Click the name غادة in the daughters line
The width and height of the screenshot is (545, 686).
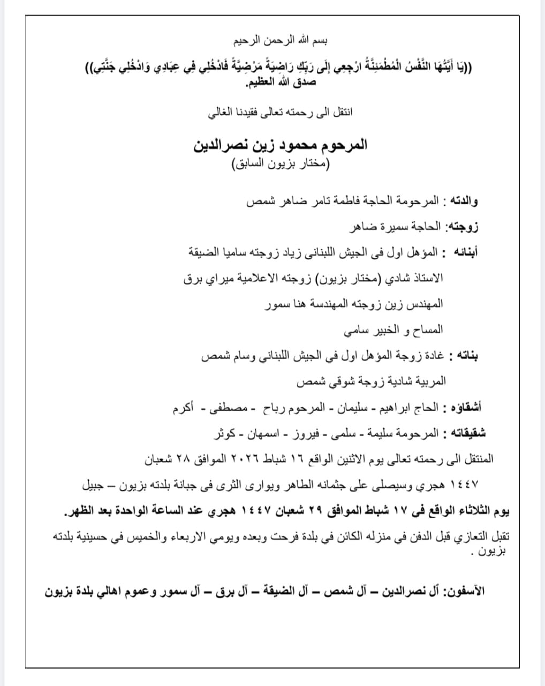click(433, 356)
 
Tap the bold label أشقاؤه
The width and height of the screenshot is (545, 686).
click(467, 407)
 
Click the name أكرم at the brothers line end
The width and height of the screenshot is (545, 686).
click(183, 407)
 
